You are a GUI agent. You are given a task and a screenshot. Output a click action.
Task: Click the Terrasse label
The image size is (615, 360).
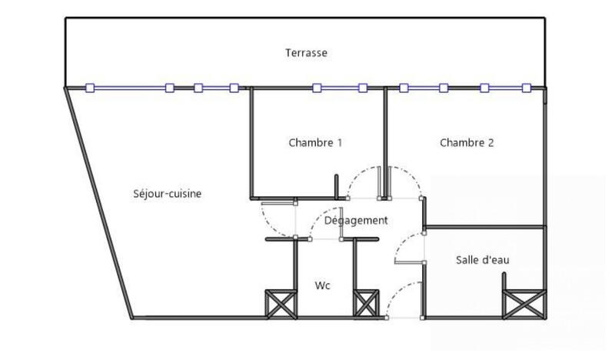click(x=307, y=53)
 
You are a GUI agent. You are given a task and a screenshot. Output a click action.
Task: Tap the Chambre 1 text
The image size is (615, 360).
click(x=315, y=142)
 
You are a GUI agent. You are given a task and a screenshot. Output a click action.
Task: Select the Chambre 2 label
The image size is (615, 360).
click(x=466, y=142)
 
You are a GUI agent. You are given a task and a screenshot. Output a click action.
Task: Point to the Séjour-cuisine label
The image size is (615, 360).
click(x=168, y=194)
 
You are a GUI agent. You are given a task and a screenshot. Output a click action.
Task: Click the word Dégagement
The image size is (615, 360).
click(x=356, y=221)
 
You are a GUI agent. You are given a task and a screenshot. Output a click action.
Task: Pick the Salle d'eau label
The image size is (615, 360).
click(x=483, y=260)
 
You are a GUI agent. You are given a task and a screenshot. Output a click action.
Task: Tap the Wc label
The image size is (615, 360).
click(x=323, y=286)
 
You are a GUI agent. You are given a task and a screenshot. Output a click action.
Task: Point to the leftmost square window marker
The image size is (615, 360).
click(x=89, y=88)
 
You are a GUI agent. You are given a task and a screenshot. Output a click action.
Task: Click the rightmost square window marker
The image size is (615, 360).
click(x=527, y=88)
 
